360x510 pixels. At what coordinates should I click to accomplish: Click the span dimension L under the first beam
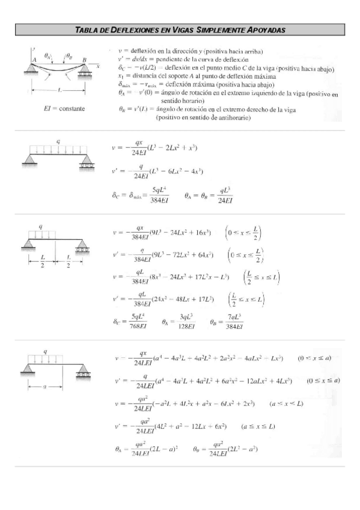pos(60,91)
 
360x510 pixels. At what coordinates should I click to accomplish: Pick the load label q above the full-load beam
pos(58,142)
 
